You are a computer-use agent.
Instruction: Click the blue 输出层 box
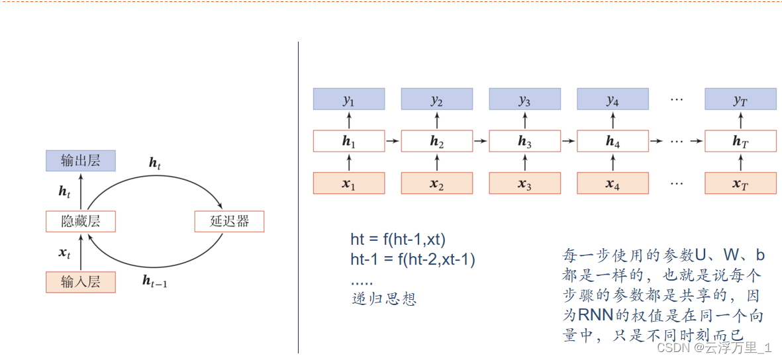click(x=81, y=161)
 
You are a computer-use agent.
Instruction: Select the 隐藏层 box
click(x=81, y=221)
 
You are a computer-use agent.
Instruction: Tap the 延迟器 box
click(x=229, y=221)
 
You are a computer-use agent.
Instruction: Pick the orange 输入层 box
click(x=81, y=282)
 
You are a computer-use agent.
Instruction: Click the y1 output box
click(x=349, y=100)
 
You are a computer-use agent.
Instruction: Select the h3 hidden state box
click(x=524, y=141)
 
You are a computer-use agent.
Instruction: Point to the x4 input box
click(x=612, y=183)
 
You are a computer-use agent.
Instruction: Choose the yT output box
click(x=740, y=100)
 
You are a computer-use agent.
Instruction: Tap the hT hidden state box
click(x=740, y=141)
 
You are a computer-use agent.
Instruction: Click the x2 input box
click(x=437, y=183)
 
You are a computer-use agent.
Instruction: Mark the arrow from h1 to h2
click(x=393, y=141)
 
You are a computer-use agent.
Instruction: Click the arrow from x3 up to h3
click(x=525, y=162)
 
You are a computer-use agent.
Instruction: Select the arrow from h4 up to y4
click(x=613, y=120)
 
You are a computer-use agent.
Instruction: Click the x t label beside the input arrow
click(x=64, y=252)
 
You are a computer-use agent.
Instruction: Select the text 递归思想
click(x=384, y=298)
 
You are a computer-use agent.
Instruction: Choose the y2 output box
click(x=437, y=100)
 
